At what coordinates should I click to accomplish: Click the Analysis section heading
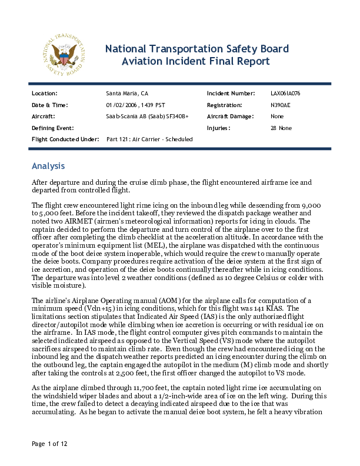[x=48, y=166]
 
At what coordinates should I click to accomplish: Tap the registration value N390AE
[x=279, y=105]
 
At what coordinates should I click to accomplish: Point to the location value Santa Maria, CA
[x=127, y=94]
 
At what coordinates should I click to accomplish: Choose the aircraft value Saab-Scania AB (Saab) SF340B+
[x=147, y=116]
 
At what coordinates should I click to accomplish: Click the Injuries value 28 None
[x=281, y=128]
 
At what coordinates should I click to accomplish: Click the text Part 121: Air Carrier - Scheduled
[x=149, y=139]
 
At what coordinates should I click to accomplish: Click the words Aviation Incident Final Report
[x=195, y=61]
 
